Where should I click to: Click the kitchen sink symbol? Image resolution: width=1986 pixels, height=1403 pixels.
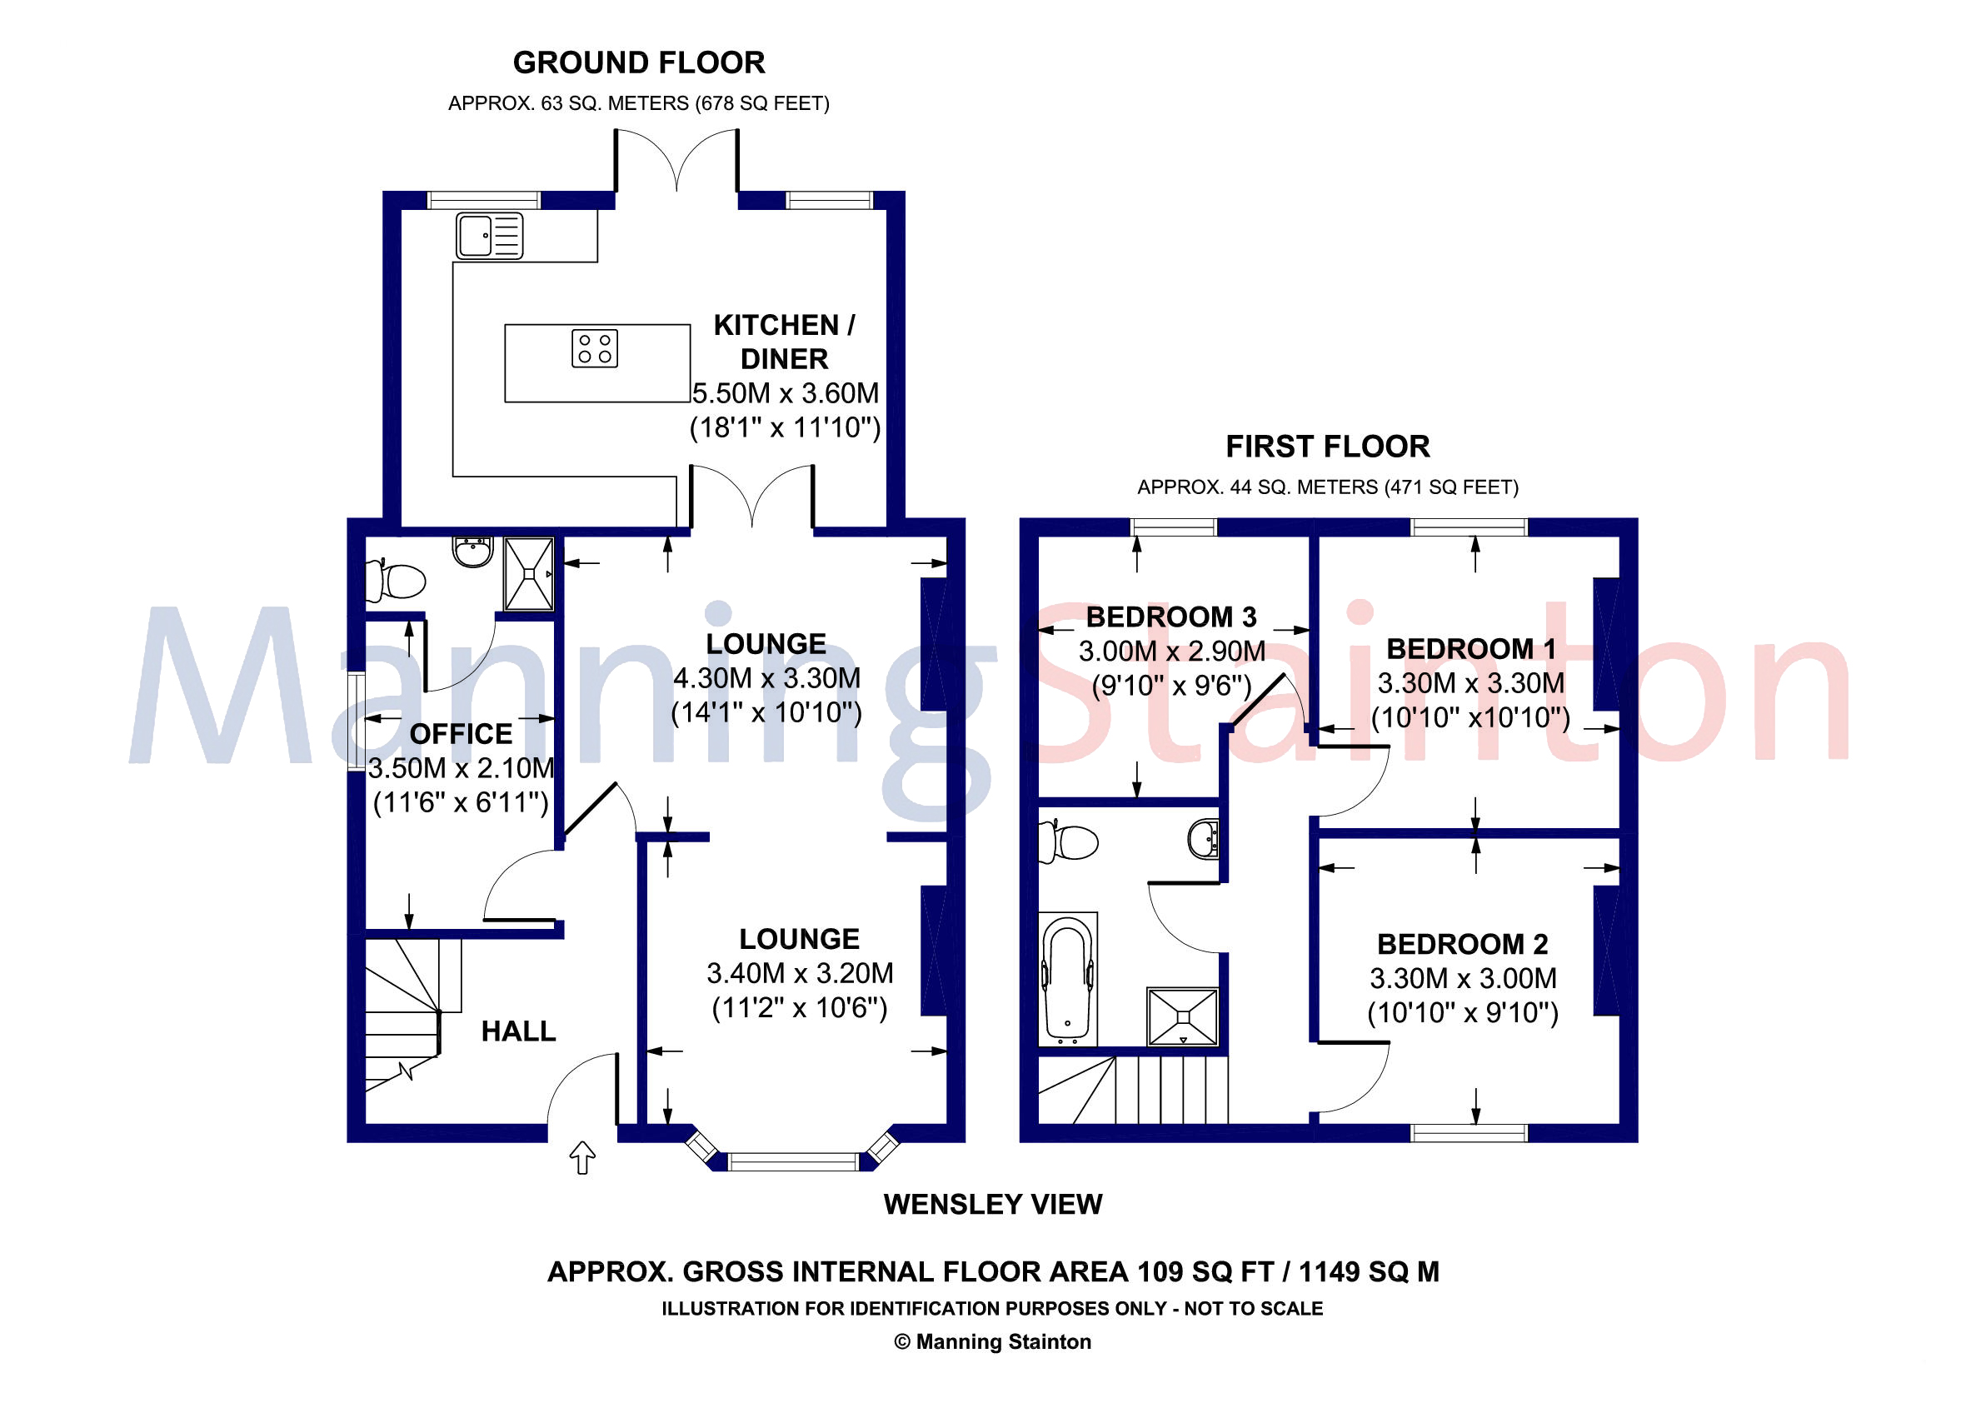pyautogui.click(x=490, y=235)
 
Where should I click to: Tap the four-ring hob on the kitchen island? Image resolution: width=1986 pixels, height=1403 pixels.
pyautogui.click(x=594, y=348)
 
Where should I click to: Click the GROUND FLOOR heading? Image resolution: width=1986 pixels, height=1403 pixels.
pyautogui.click(x=638, y=62)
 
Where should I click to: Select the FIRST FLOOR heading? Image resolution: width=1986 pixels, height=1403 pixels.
pyautogui.click(x=1327, y=447)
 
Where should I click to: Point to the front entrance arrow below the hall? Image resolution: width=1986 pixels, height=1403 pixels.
pyautogui.click(x=582, y=1157)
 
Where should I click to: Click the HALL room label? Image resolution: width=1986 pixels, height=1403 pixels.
pyautogui.click(x=518, y=1031)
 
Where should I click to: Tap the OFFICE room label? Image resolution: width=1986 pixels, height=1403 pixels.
pyautogui.click(x=460, y=733)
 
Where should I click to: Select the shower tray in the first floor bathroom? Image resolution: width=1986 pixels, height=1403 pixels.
pyautogui.click(x=1181, y=1017)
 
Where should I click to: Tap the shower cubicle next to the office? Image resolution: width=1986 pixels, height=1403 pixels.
pyautogui.click(x=528, y=573)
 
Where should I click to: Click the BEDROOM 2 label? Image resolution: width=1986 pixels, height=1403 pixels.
pyautogui.click(x=1462, y=944)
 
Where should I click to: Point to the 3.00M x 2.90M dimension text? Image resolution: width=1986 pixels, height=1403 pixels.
pyautogui.click(x=1171, y=651)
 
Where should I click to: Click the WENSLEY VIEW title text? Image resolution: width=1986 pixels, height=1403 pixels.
pyautogui.click(x=992, y=1204)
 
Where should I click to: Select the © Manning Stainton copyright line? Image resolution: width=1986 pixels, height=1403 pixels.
pyautogui.click(x=992, y=1341)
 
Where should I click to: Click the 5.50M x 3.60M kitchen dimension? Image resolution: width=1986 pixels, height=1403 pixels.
pyautogui.click(x=785, y=392)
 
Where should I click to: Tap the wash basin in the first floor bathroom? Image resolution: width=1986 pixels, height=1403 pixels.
pyautogui.click(x=1203, y=838)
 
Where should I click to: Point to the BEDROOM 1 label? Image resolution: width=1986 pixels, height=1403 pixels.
pyautogui.click(x=1470, y=649)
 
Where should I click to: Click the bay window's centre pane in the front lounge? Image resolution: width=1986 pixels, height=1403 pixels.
pyautogui.click(x=793, y=1161)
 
